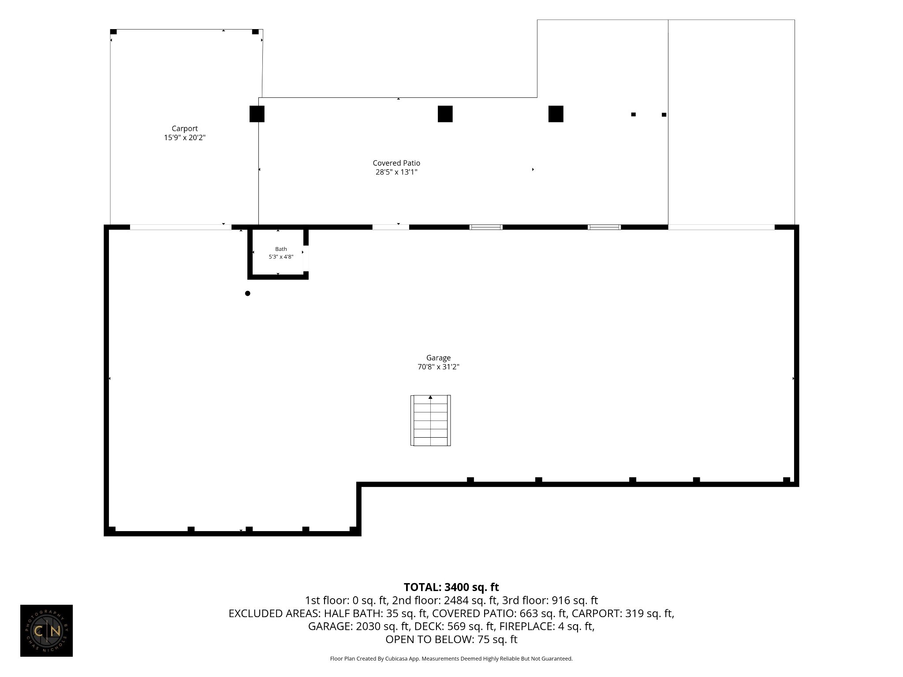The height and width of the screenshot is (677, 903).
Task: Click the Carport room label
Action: pos(185,129)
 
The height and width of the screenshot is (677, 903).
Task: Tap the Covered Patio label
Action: pos(396,163)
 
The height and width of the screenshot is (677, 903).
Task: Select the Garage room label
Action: pos(438,358)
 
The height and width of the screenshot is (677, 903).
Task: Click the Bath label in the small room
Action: pos(281,249)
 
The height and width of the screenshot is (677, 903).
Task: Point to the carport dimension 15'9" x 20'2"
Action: pos(185,138)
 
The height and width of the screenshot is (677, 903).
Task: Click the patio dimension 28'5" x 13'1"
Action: pos(396,172)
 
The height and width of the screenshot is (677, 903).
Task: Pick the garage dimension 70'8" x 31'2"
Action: pos(438,367)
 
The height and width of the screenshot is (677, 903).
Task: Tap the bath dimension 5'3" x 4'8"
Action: pos(281,257)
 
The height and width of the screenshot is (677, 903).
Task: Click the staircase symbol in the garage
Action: pos(430,420)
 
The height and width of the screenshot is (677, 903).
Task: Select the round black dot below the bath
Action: pos(248,294)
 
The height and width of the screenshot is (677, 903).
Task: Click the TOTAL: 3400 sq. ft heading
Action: pos(451,587)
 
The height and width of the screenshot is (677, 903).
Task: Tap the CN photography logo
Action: pos(46,631)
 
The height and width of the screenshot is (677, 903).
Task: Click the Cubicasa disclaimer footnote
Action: pos(451,659)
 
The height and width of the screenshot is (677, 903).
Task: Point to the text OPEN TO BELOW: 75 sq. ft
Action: pos(451,639)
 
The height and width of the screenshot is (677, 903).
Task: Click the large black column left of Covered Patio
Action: pos(257,114)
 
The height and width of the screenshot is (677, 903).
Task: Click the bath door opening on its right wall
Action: pos(306,258)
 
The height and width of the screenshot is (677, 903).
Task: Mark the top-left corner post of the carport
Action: pos(113,32)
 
